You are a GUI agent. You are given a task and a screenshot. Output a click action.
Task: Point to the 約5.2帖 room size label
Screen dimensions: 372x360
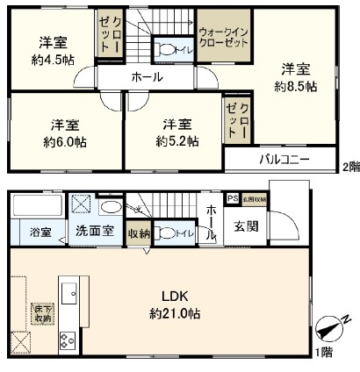pos(177,141)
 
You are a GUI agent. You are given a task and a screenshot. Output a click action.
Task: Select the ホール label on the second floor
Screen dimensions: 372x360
pos(147,78)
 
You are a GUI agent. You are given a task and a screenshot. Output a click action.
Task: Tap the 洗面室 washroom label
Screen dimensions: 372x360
pos(91,232)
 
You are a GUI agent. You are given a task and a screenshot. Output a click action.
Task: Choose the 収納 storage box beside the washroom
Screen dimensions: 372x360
pos(139,232)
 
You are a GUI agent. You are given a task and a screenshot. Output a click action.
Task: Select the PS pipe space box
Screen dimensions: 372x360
pos(233,199)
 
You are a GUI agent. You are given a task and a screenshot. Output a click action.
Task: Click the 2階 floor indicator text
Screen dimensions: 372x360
pos(349,165)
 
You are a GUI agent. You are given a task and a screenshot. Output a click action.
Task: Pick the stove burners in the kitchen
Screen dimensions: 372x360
pos(67,340)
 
